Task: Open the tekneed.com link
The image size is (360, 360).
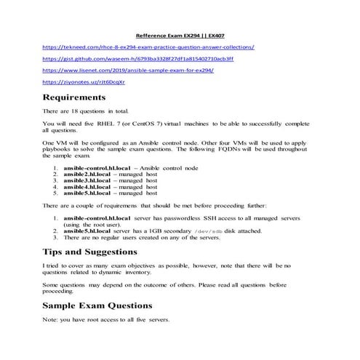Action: coord(148,47)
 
